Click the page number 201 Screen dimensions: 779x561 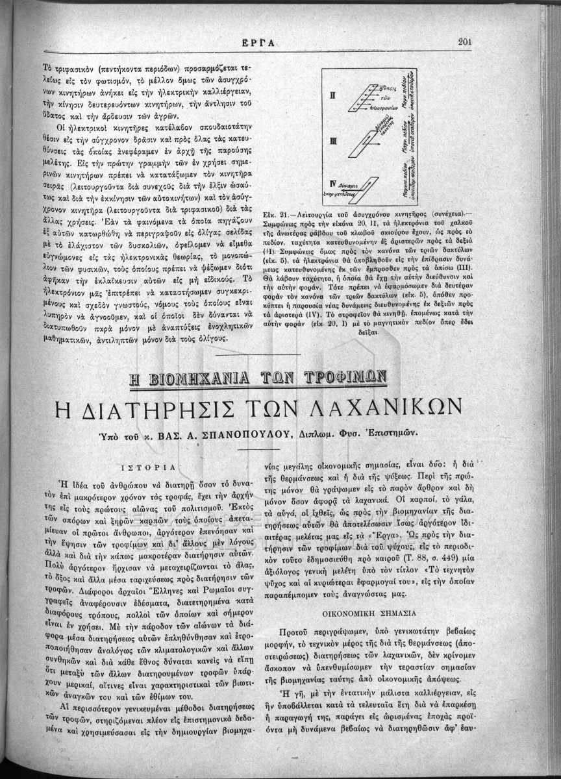tap(464, 42)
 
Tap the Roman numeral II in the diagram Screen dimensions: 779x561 tap(332, 96)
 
